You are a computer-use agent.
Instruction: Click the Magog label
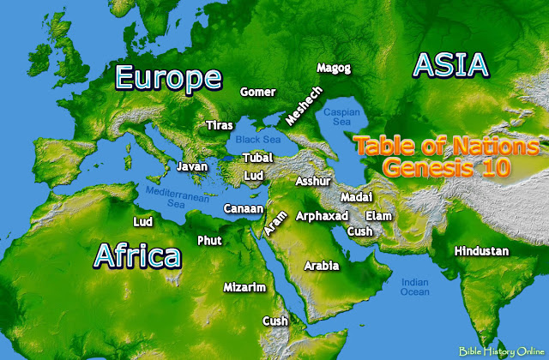pyautogui.click(x=334, y=67)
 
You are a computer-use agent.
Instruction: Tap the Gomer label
pyautogui.click(x=258, y=91)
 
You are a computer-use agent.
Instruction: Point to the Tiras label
pyautogui.click(x=220, y=126)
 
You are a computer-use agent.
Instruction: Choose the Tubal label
pyautogui.click(x=257, y=159)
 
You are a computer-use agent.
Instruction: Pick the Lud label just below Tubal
pyautogui.click(x=254, y=175)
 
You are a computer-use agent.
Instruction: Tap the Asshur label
pyautogui.click(x=311, y=182)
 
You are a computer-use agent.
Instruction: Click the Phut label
pyautogui.click(x=209, y=240)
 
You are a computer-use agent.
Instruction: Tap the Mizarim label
pyautogui.click(x=244, y=287)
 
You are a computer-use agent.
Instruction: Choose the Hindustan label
pyautogui.click(x=481, y=251)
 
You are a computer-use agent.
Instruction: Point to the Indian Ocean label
pyautogui.click(x=415, y=286)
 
